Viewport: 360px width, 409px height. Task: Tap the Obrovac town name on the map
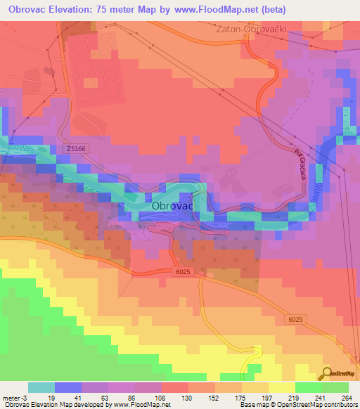tap(172, 207)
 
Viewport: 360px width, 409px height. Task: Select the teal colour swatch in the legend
tap(41, 387)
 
